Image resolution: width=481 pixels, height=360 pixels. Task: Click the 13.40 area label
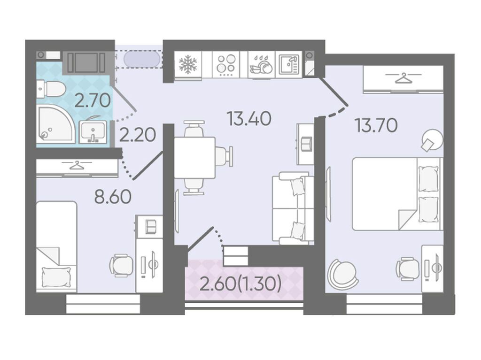click(x=249, y=119)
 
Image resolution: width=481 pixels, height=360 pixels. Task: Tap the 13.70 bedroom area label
click(x=376, y=125)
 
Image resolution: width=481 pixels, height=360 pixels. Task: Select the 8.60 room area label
click(x=113, y=197)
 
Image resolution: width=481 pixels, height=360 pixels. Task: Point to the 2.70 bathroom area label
click(x=93, y=100)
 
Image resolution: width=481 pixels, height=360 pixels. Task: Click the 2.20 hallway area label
click(x=138, y=135)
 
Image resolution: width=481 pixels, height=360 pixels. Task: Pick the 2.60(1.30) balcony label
click(x=240, y=283)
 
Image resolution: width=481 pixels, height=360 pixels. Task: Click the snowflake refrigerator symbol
click(x=188, y=65)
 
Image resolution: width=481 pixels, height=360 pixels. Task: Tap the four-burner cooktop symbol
click(x=226, y=65)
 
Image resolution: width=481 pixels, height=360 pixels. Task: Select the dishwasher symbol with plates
click(x=261, y=65)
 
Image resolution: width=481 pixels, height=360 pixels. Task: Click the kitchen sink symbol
click(x=289, y=65)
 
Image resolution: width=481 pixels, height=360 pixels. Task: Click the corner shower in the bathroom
click(x=55, y=124)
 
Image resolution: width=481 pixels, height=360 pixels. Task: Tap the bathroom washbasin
click(x=93, y=132)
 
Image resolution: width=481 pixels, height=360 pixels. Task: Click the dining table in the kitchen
click(x=194, y=158)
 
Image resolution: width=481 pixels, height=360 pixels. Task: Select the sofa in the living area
click(x=293, y=208)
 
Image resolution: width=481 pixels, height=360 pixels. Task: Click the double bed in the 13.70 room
click(x=397, y=194)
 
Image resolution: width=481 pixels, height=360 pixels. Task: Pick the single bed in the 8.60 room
click(x=56, y=247)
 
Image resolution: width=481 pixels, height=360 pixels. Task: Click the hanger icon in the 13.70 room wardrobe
click(x=403, y=78)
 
